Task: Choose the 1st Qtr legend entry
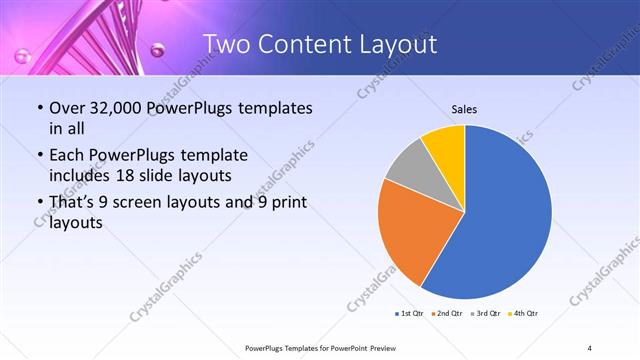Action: point(410,314)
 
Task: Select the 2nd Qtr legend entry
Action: point(447,314)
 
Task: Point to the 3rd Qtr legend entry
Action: point(484,314)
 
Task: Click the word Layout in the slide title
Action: point(393,45)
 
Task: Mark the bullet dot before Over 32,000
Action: point(39,108)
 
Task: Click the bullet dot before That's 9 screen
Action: point(39,203)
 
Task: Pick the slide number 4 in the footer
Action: point(590,347)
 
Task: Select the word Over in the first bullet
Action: point(67,107)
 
